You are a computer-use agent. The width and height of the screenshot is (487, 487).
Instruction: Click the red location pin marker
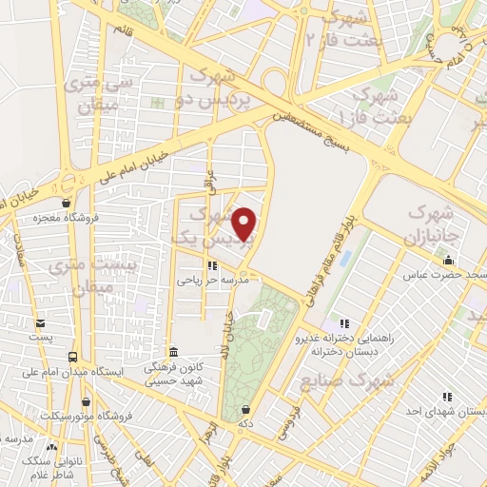(x=245, y=224)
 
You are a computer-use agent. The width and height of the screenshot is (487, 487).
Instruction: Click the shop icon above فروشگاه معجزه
(x=65, y=203)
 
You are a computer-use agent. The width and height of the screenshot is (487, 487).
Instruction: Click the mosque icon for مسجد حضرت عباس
(x=449, y=260)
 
